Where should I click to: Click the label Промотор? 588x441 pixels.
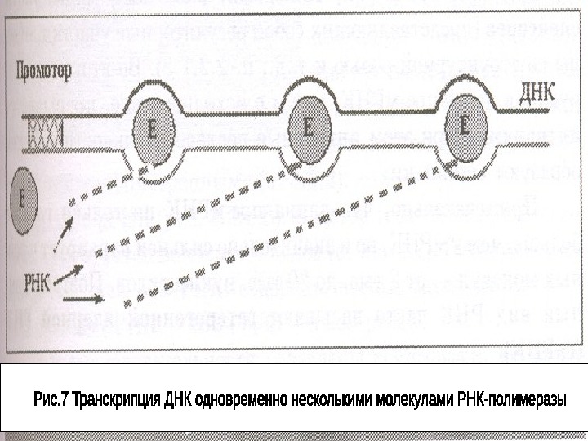point(42,70)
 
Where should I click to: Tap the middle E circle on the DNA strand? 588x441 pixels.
point(308,127)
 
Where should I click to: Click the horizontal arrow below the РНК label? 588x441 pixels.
point(82,301)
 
